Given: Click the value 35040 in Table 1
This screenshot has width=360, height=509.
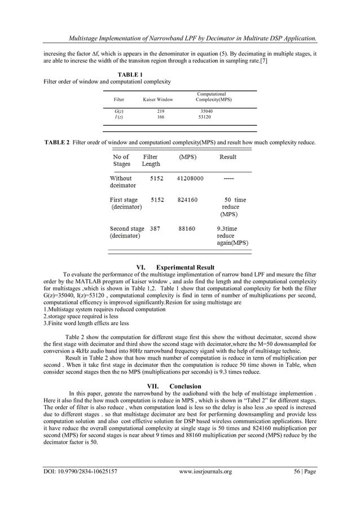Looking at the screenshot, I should click(x=207, y=112).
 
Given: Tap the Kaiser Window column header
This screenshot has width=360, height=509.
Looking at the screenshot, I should click(x=158, y=99).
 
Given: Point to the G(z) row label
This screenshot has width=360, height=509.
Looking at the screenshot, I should click(x=119, y=112).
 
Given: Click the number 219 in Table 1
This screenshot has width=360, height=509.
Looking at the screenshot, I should click(x=160, y=112).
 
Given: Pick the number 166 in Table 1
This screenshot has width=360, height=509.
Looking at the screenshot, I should click(x=160, y=117).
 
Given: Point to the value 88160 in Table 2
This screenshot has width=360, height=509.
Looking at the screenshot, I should click(x=187, y=229).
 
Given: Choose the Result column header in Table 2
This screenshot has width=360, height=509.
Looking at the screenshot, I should click(x=228, y=156).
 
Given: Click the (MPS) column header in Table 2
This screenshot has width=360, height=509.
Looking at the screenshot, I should click(x=187, y=156).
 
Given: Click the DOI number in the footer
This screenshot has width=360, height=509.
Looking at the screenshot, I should click(x=80, y=486).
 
